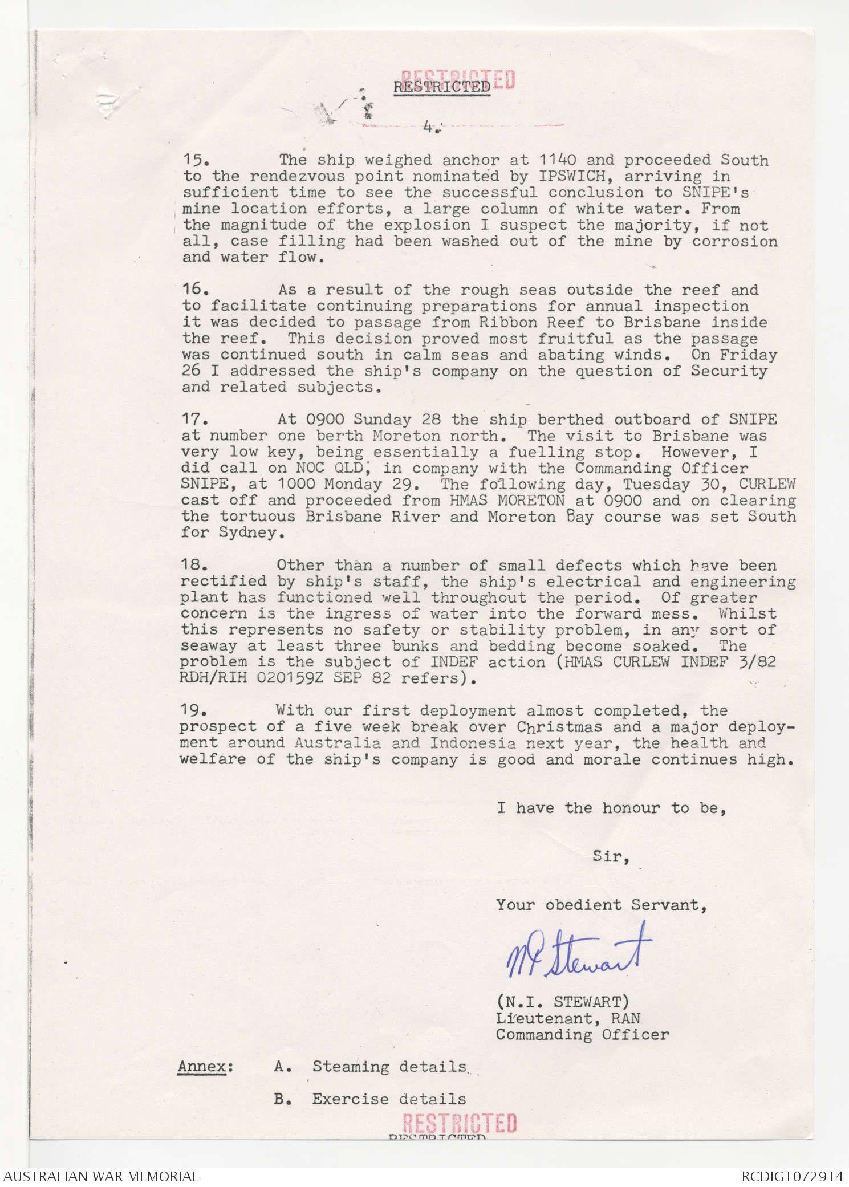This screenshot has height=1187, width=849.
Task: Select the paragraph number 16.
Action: (x=194, y=289)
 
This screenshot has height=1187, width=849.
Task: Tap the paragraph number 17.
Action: (x=193, y=419)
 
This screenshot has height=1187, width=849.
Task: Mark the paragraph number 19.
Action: (x=192, y=710)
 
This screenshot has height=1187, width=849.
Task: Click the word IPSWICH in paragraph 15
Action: (x=572, y=176)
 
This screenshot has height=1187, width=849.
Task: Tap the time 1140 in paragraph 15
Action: (x=558, y=160)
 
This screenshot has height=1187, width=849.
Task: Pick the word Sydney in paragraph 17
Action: (x=251, y=532)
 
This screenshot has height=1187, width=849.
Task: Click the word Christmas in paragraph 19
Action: (x=559, y=727)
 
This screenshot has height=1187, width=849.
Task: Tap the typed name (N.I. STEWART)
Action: (x=562, y=1001)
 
